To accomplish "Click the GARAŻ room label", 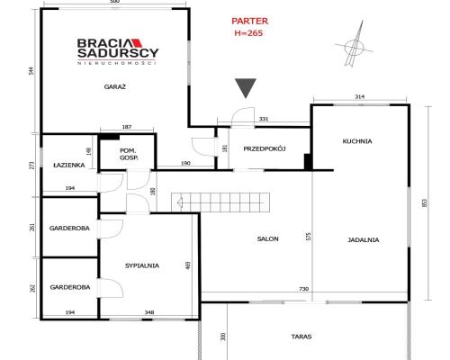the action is [x=115, y=87].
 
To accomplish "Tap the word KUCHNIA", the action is [x=357, y=141].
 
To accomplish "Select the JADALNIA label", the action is [x=364, y=239].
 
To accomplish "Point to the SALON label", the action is [x=268, y=238].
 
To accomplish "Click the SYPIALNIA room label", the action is [x=142, y=265].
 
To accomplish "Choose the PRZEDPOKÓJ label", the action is [x=265, y=148].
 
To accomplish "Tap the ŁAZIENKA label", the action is [x=69, y=165].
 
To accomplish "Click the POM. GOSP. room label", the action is [x=129, y=154].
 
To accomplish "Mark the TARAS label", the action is [x=301, y=337].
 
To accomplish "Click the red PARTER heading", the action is [x=249, y=21].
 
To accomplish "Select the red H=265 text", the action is [x=248, y=33].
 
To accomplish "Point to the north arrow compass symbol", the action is [x=355, y=45].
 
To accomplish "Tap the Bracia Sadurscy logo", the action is [x=118, y=51].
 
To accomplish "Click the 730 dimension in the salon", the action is [x=304, y=289].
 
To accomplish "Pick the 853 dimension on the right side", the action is [x=424, y=203].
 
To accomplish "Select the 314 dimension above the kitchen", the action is [x=359, y=96].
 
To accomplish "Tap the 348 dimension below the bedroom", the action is [x=149, y=312].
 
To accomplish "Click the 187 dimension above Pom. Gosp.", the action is [x=127, y=127].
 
